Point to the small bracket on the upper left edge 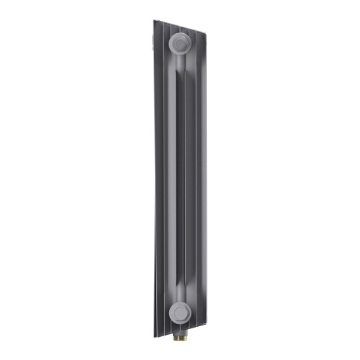pos(153,32)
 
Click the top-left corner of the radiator pos(156,21)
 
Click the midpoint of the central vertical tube pos(177,180)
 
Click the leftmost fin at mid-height pos(156,180)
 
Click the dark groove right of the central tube pos(186,180)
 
